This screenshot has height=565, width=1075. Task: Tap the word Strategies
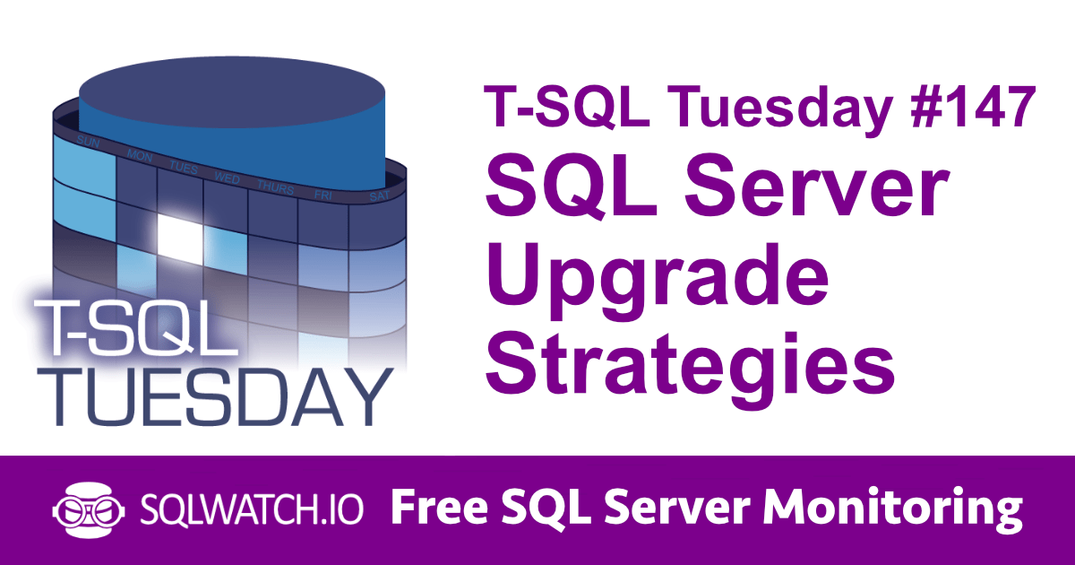[x=691, y=363]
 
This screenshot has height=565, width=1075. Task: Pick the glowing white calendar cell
[x=178, y=235]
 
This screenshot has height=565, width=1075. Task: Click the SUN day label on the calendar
[x=88, y=142]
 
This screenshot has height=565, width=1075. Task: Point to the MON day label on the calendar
[x=138, y=156]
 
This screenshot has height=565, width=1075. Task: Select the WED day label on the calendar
[x=227, y=178]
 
